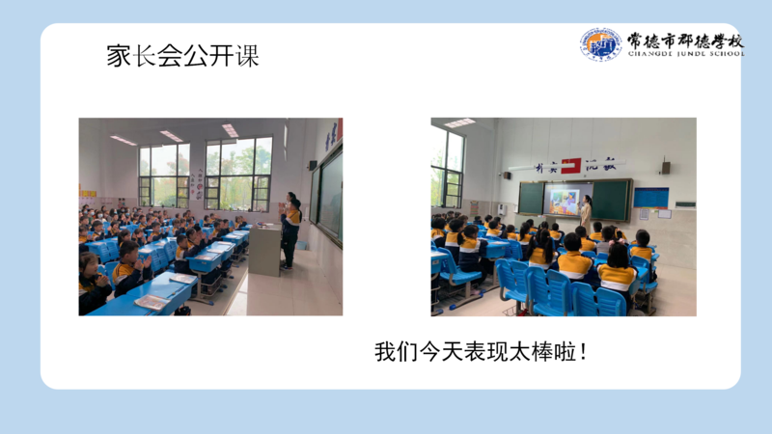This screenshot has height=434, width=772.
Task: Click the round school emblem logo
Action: [600, 44]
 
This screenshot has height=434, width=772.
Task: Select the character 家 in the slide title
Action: [119, 56]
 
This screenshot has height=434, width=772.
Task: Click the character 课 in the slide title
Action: [247, 56]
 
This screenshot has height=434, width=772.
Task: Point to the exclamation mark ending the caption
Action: [584, 352]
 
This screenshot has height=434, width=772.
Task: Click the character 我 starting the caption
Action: [385, 352]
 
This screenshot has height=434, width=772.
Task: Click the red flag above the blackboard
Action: [571, 166]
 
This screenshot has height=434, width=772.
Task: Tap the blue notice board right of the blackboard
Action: [650, 198]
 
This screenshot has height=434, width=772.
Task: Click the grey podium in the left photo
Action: [264, 250]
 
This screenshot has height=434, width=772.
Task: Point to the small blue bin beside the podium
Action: [301, 245]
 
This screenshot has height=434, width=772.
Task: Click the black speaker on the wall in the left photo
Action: [313, 165]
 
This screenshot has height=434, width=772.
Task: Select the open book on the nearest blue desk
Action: [152, 302]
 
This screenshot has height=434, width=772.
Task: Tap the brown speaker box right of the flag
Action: [666, 167]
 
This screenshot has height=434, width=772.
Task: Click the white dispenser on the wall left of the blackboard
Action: [501, 209]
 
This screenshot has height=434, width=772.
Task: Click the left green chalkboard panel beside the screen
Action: [531, 199]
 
